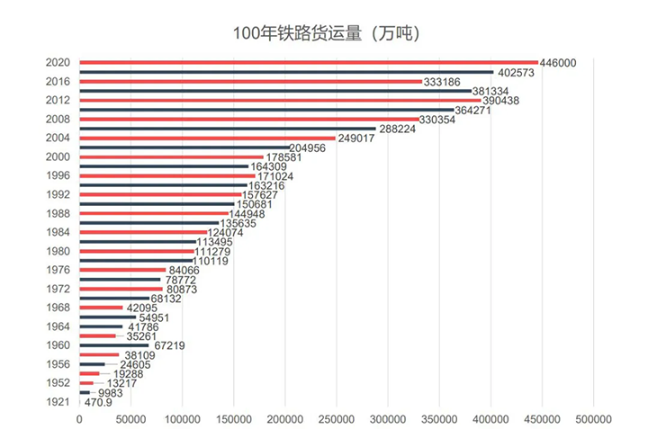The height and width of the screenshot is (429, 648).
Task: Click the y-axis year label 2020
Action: [58, 62]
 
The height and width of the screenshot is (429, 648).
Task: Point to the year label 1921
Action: [58, 402]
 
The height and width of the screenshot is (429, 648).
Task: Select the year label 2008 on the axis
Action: [58, 119]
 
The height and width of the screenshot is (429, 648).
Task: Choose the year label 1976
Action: [58, 270]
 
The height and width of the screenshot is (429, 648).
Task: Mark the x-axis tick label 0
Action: [80, 420]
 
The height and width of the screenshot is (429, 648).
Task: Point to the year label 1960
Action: [58, 345]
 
